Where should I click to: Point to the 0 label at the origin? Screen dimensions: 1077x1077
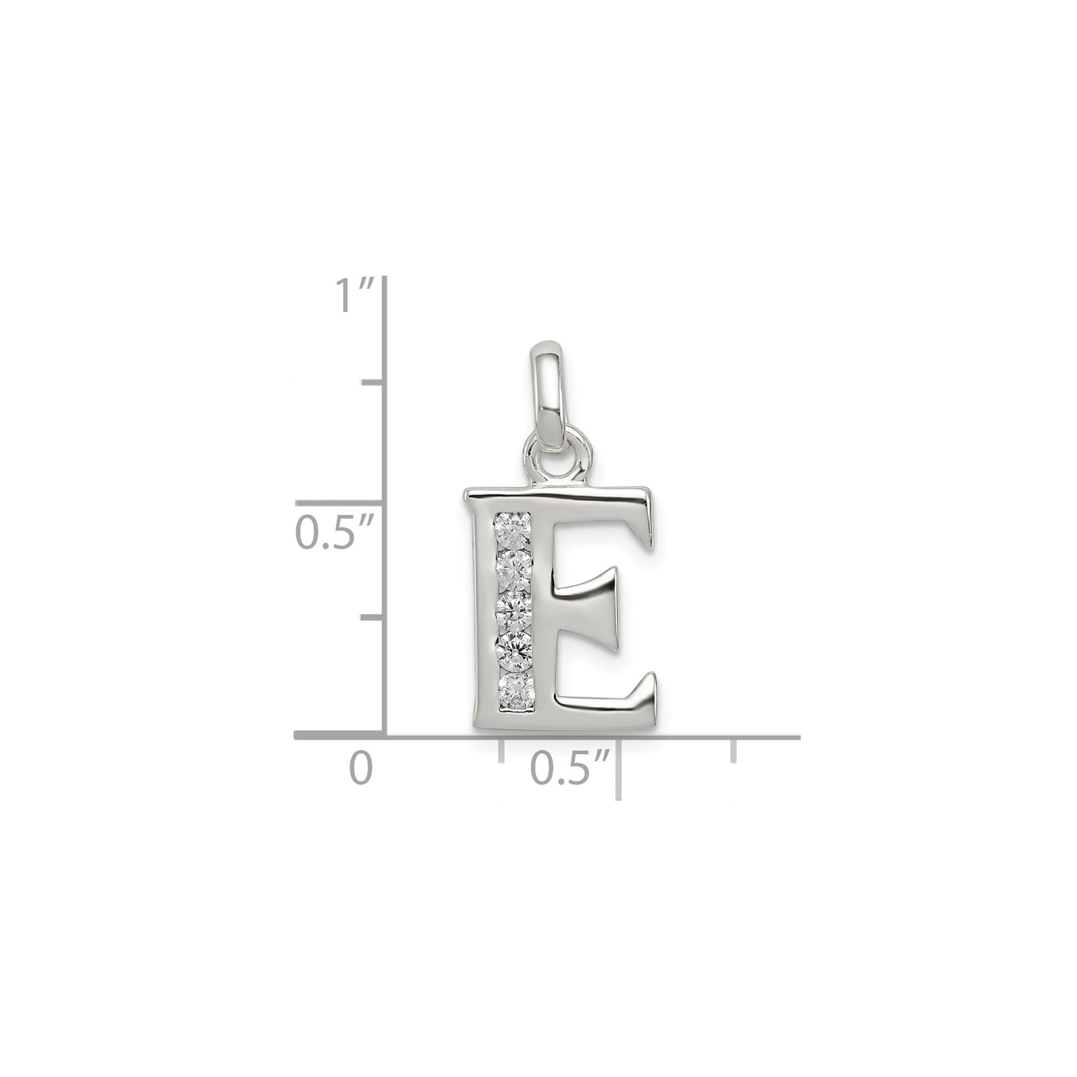[360, 769]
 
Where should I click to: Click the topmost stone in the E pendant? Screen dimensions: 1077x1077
[514, 530]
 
